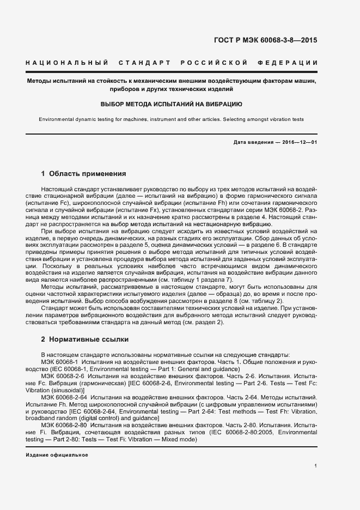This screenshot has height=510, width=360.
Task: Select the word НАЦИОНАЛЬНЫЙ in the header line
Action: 67,63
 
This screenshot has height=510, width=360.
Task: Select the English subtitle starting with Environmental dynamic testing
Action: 172,119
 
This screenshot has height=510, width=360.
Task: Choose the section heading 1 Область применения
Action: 84,174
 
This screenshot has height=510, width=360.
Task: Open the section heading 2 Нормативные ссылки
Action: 85,339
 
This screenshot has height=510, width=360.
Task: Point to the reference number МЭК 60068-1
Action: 60,361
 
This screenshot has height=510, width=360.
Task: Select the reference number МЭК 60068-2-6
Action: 62,376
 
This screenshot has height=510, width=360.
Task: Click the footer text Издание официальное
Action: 57,454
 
